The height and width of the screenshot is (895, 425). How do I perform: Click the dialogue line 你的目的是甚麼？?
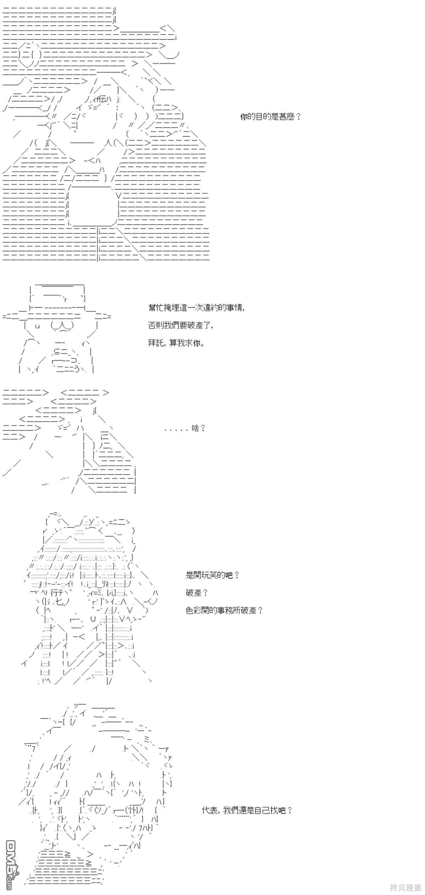(x=270, y=117)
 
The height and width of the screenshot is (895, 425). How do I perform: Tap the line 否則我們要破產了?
(x=181, y=325)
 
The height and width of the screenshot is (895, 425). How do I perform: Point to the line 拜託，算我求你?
(x=176, y=343)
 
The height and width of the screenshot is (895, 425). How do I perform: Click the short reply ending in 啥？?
(x=185, y=428)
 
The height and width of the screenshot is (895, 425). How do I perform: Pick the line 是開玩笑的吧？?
(x=212, y=575)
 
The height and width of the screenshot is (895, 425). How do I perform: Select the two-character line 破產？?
(x=197, y=592)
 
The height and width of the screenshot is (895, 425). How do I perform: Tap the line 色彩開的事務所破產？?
(x=224, y=610)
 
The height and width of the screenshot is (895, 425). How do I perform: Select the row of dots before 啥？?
(x=176, y=430)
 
